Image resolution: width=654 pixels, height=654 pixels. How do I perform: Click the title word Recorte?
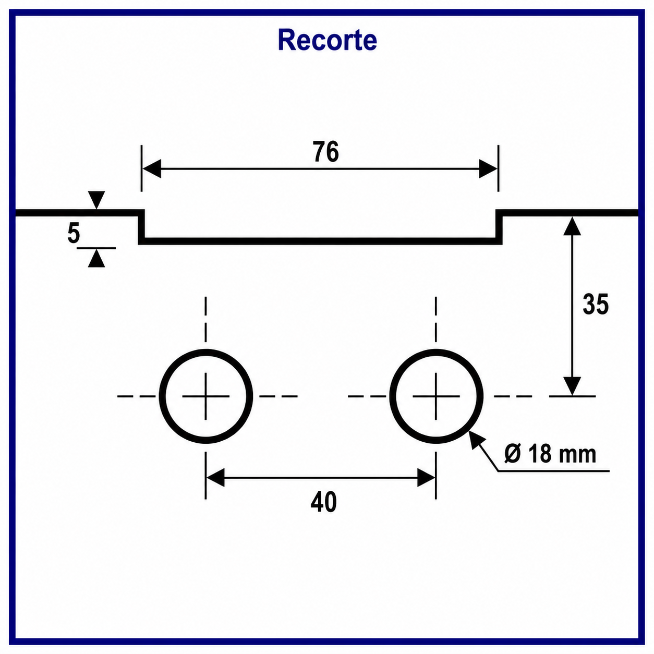[327, 40]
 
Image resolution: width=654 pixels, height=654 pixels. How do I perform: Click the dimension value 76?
[326, 151]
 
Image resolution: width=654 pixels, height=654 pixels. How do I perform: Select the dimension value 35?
[596, 304]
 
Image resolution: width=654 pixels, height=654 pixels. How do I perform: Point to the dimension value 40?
[323, 502]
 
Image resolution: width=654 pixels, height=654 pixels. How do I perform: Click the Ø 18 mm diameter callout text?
[550, 454]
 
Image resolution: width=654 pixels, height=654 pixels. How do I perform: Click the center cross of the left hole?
[205, 396]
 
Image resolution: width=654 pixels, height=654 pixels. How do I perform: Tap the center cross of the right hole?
[436, 396]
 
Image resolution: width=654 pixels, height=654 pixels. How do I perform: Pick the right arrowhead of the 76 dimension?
[488, 168]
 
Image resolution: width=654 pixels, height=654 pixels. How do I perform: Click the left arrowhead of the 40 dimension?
[215, 478]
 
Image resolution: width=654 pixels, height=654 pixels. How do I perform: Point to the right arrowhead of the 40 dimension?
[426, 478]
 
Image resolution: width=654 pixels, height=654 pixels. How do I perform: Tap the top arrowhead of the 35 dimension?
[572, 226]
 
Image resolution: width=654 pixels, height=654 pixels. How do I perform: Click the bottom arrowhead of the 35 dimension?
[572, 386]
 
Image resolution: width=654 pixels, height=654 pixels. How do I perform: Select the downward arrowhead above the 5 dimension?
[96, 200]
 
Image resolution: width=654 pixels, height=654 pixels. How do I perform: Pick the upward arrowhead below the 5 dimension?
[96, 258]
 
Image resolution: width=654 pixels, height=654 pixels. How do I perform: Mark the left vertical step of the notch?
[141, 227]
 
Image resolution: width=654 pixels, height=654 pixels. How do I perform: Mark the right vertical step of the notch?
[499, 227]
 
